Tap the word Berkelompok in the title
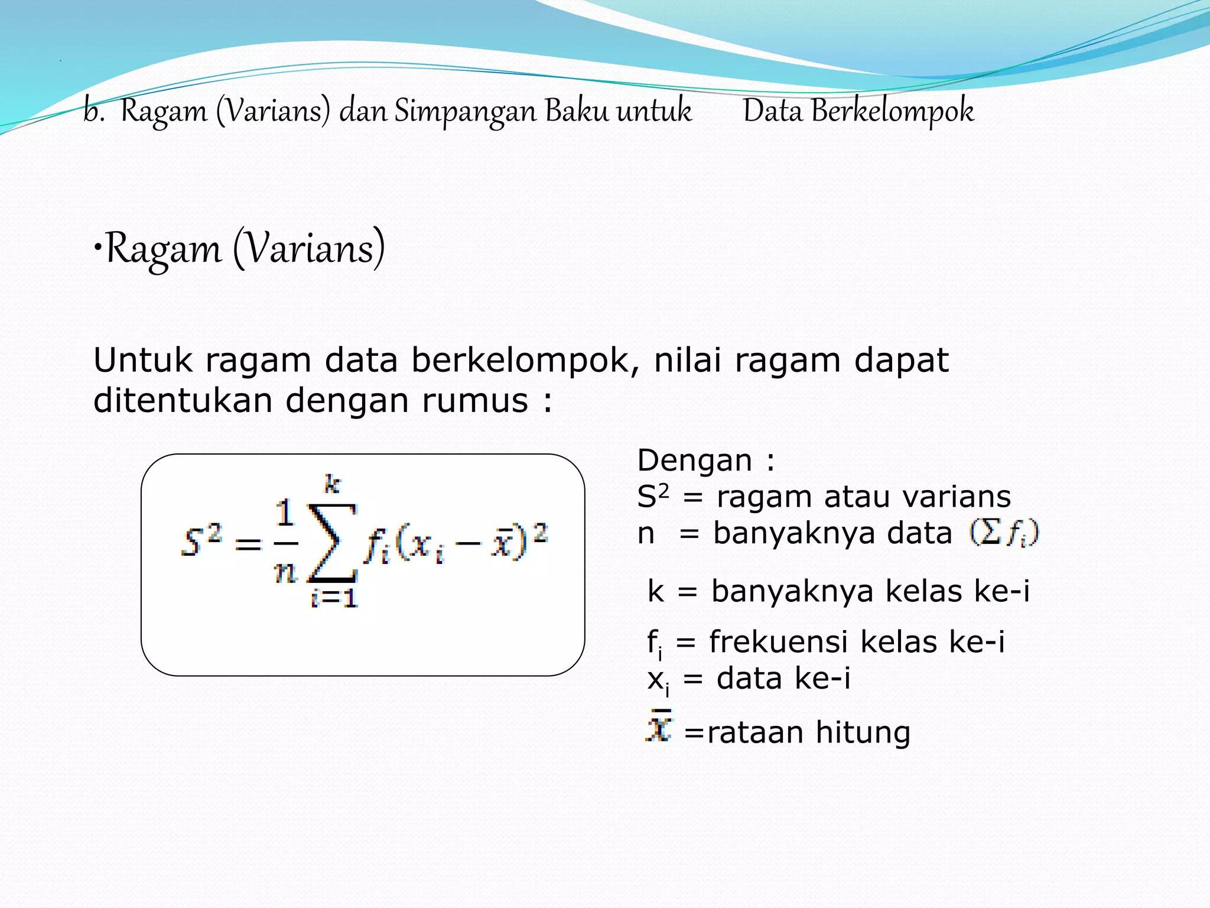892,111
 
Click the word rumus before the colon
474,401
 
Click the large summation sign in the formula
332,543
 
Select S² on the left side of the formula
201,540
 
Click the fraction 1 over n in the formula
285,541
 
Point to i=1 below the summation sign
334,598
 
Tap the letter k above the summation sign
332,485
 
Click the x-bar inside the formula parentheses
503,541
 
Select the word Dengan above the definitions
694,461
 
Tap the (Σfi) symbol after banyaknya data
1004,533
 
